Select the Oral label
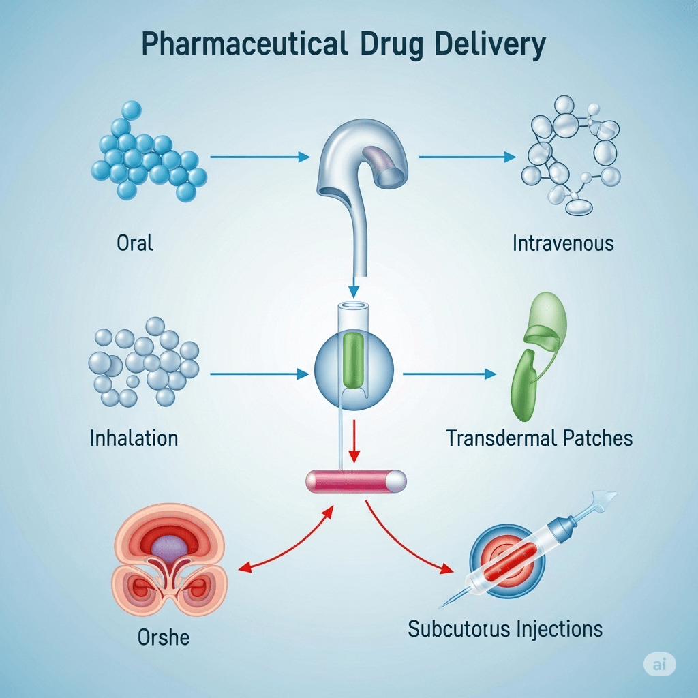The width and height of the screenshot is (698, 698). [x=136, y=242]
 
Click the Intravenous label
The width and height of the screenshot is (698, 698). [x=563, y=243]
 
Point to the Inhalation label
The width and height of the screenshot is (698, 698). [x=134, y=437]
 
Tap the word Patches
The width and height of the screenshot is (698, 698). [x=601, y=438]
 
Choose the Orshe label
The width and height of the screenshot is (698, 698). [x=164, y=637]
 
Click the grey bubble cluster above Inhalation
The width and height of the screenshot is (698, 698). [x=143, y=361]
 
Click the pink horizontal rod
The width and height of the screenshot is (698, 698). [x=356, y=481]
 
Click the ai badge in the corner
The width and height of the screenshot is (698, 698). [x=658, y=665]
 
